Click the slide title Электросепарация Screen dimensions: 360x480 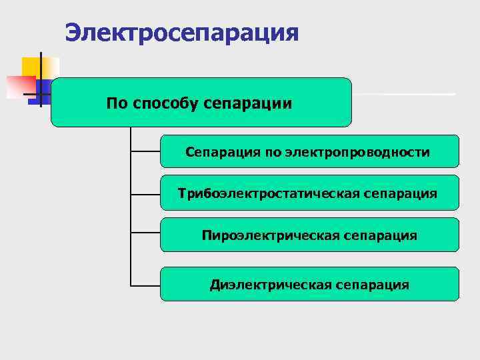pyautogui.click(x=182, y=32)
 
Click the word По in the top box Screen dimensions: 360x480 pyautogui.click(x=118, y=103)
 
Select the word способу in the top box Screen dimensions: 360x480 pyautogui.click(x=165, y=103)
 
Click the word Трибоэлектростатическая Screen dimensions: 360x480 pyautogui.click(x=270, y=193)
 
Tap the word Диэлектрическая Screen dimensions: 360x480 pyautogui.click(x=271, y=285)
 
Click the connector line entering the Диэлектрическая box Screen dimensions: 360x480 pyautogui.click(x=145, y=285)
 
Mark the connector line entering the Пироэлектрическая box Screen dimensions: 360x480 pyautogui.click(x=145, y=233)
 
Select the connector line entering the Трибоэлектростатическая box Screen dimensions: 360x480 pyautogui.click(x=145, y=194)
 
